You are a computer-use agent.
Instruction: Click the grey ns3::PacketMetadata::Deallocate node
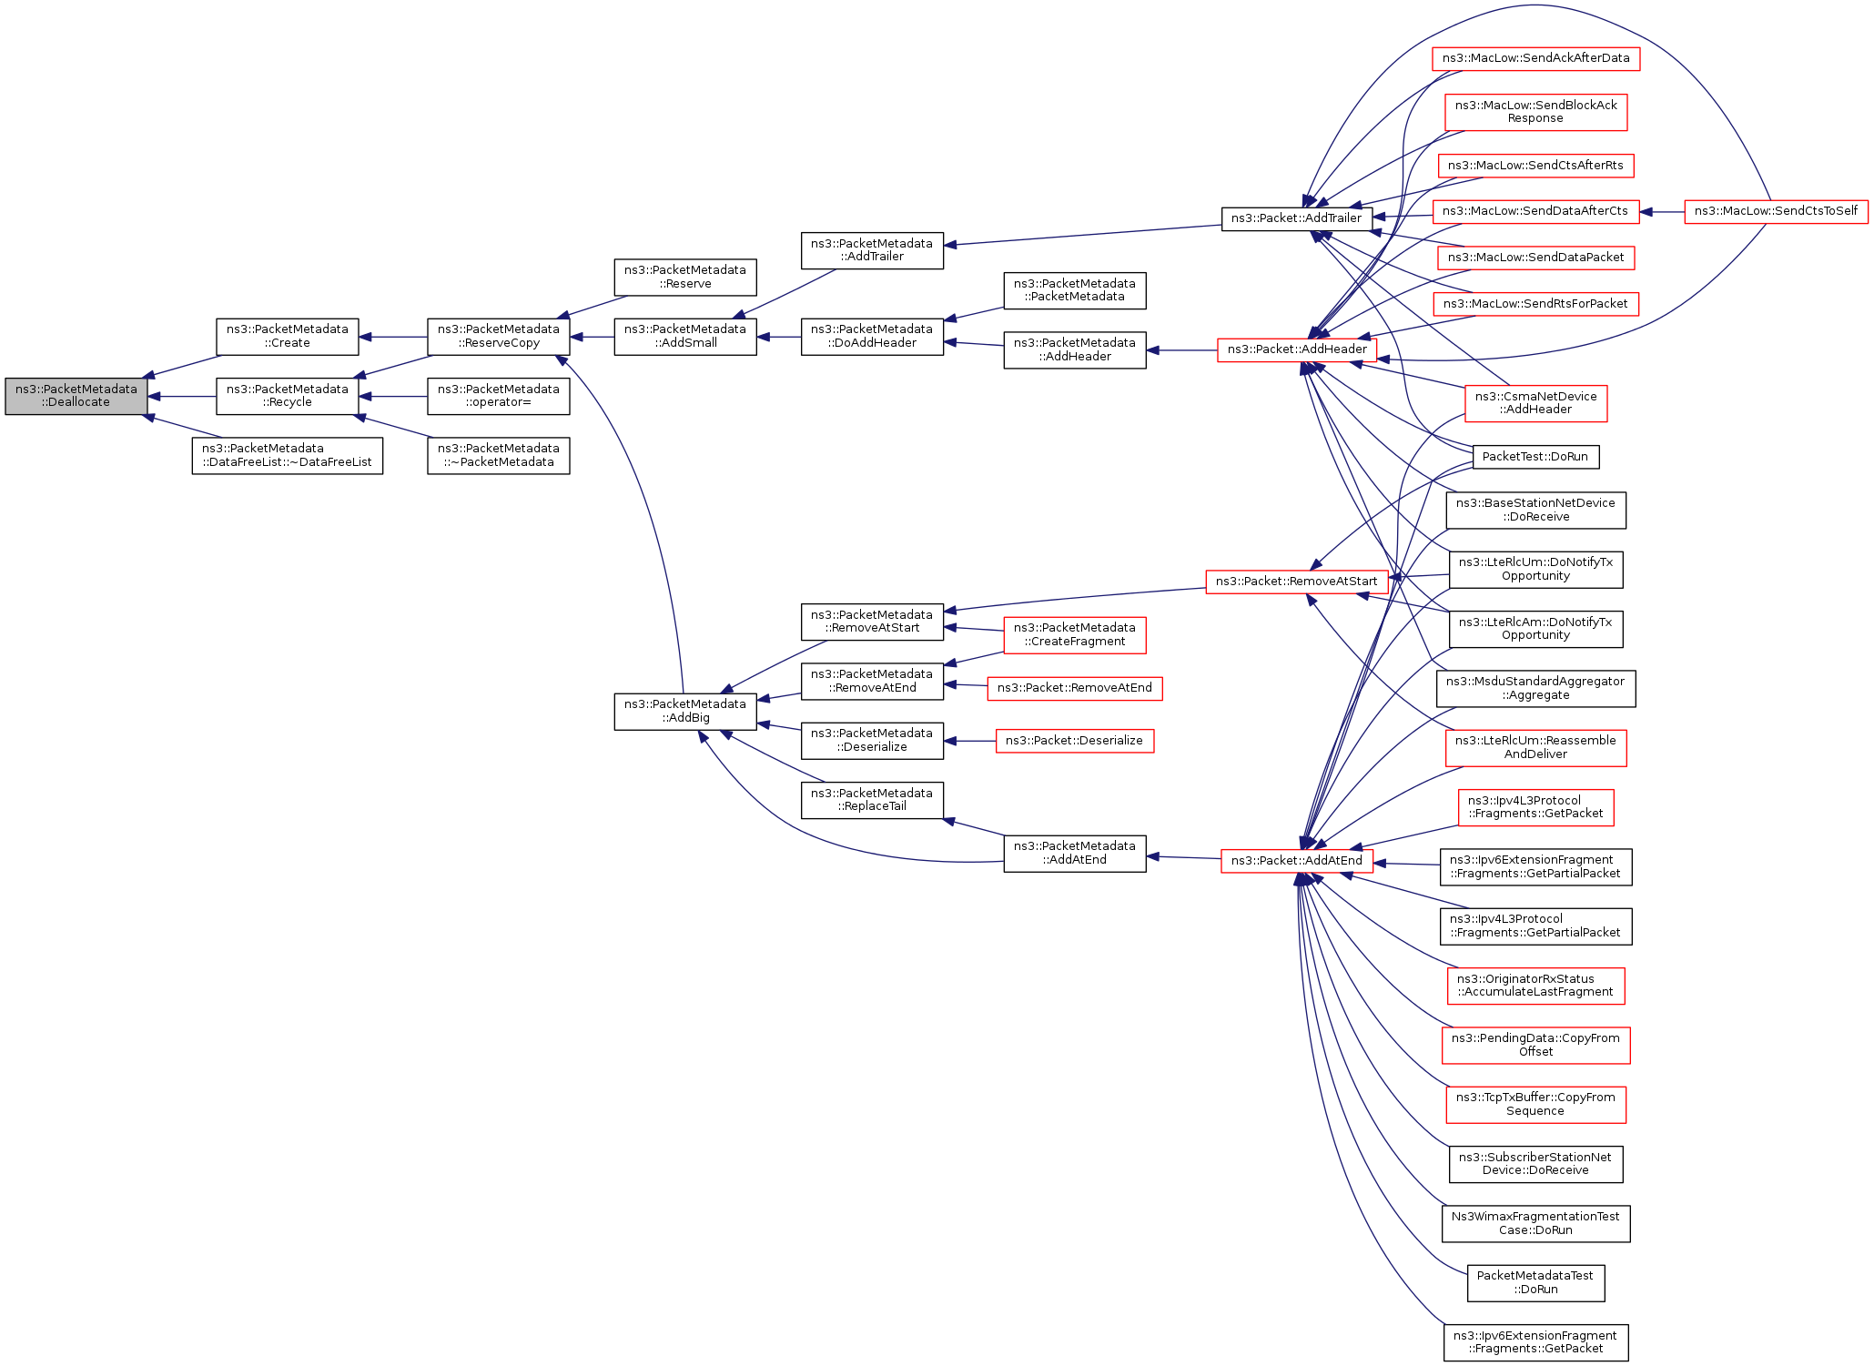[x=76, y=396]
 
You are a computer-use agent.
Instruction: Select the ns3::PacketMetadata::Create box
[x=287, y=337]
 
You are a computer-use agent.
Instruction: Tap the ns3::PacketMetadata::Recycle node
[x=287, y=396]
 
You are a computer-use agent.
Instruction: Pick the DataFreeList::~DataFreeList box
[x=287, y=455]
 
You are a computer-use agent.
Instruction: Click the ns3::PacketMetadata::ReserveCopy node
[x=498, y=337]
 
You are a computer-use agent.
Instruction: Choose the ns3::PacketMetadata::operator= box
[x=498, y=396]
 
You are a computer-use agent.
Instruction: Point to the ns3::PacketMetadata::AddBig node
[x=684, y=711]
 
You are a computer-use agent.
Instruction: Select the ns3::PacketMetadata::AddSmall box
[x=684, y=337]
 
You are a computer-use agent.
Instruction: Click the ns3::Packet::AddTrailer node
[x=1296, y=218]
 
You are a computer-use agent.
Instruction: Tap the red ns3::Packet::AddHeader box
[x=1296, y=349]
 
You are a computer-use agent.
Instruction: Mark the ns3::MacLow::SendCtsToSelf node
[x=1776, y=211]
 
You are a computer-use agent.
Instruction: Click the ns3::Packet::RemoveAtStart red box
[x=1296, y=582]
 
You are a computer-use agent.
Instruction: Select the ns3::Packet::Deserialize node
[x=1074, y=741]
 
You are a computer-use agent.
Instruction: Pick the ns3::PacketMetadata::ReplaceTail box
[x=871, y=800]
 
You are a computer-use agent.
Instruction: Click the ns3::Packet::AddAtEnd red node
[x=1296, y=860]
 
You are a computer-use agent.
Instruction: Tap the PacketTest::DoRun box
[x=1535, y=457]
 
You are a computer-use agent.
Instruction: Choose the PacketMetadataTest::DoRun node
[x=1535, y=1282]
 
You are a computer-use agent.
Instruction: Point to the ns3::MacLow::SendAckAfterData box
[x=1535, y=58]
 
